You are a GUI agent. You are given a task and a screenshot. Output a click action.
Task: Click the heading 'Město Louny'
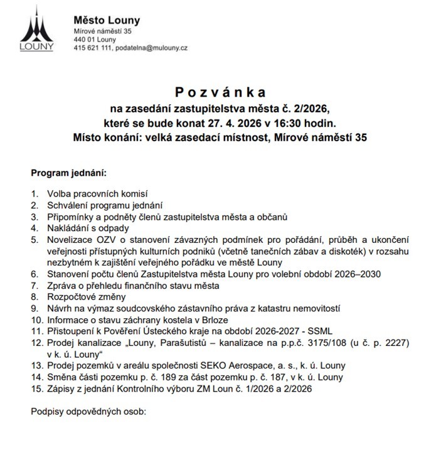[107, 21]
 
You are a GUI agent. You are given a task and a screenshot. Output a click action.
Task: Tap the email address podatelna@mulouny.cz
[151, 48]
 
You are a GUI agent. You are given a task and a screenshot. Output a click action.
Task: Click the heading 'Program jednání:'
[69, 172]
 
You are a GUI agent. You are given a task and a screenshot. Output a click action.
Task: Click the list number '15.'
[36, 389]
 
